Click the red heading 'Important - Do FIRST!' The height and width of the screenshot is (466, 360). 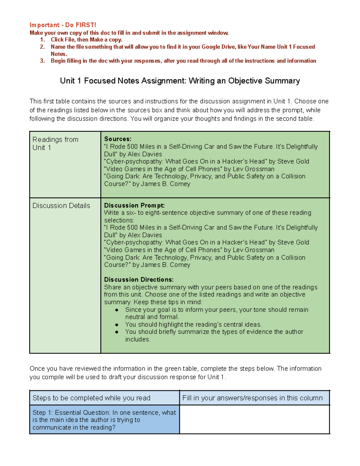pos(63,25)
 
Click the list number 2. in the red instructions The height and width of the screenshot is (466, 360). pos(42,47)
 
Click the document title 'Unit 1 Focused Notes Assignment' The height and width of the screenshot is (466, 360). pos(180,81)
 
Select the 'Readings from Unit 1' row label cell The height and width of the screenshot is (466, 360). pos(65,164)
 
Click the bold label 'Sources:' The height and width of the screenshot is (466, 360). pos(118,139)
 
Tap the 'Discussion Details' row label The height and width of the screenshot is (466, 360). pos(61,206)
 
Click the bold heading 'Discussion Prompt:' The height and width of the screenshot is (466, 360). pos(134,206)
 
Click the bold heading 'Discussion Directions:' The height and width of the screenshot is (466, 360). pos(139,279)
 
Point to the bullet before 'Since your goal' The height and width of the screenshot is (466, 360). pos(117,310)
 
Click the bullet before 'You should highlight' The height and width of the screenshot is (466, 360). pos(117,325)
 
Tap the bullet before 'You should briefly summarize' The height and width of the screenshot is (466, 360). pos(117,332)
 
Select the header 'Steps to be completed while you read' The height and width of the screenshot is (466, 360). pos(91,398)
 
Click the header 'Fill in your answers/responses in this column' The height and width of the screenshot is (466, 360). pos(252,398)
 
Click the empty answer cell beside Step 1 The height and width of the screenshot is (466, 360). pos(254,419)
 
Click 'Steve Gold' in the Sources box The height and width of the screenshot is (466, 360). pos(293,161)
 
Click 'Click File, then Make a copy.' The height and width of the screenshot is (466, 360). pos(86,40)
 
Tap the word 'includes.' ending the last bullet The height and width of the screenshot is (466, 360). pos(138,339)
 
